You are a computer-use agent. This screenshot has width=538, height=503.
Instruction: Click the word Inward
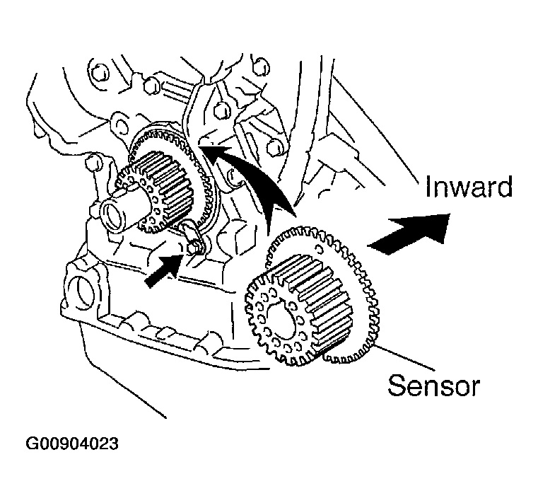tap(469, 187)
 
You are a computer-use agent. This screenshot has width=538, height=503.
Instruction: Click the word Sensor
tap(433, 386)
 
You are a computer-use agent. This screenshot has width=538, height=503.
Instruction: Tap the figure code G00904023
tap(72, 444)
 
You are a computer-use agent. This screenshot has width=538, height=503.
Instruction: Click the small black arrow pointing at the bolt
tap(164, 271)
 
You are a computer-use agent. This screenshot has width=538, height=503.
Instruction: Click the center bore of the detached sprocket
tap(281, 323)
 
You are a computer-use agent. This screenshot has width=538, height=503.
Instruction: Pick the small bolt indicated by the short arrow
tap(194, 247)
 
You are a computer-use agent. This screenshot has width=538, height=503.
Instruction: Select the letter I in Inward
tap(428, 187)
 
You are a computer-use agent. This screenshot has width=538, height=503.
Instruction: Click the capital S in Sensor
tap(397, 386)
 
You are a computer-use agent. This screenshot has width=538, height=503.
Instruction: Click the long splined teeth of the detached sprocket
tap(316, 302)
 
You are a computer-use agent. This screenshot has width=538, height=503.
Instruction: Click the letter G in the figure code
tap(32, 444)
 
